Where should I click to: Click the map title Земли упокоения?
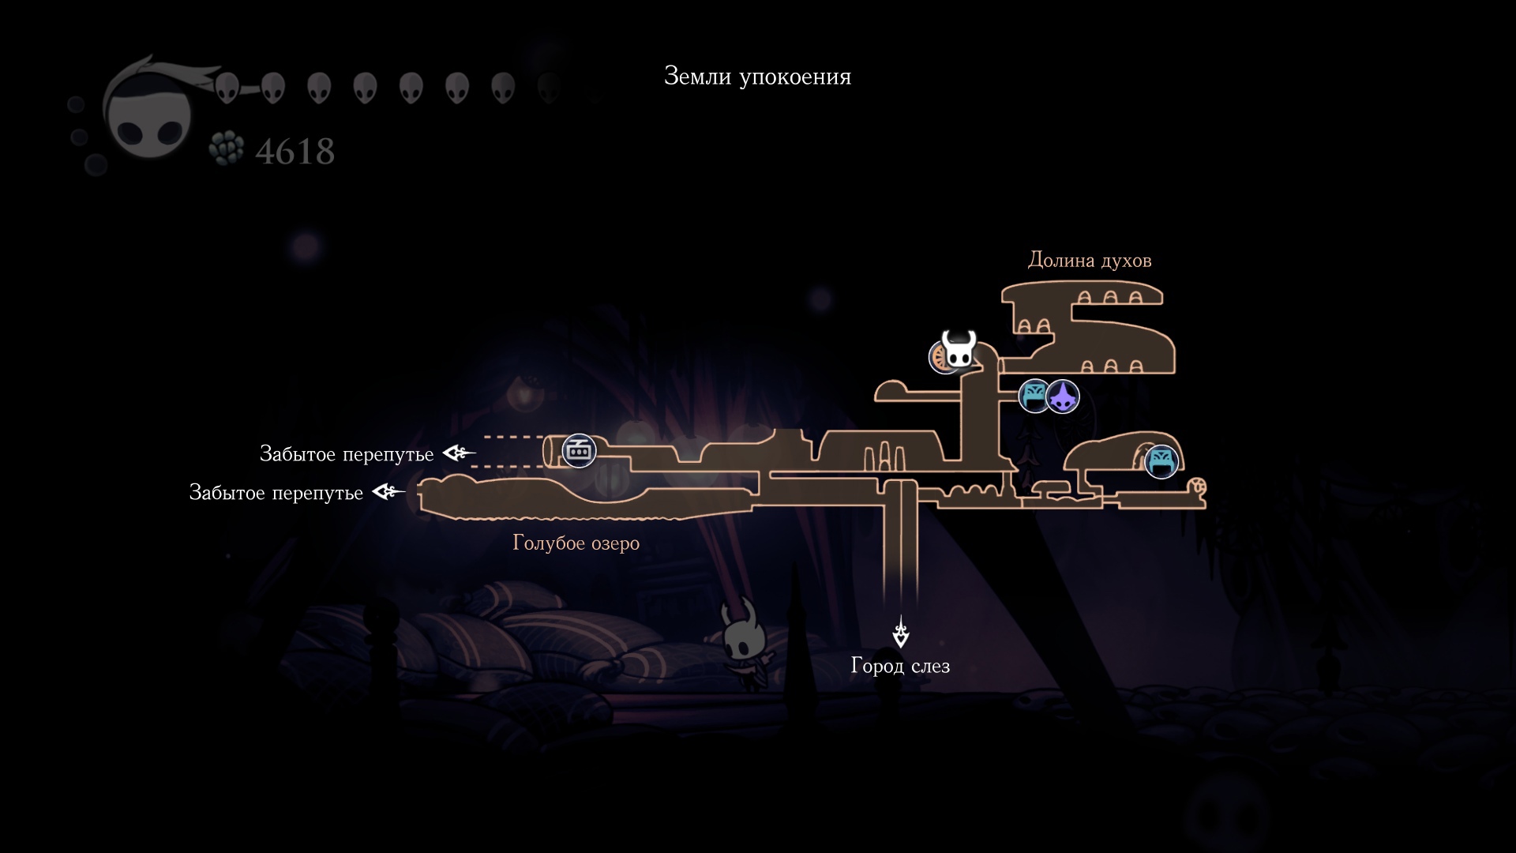[x=757, y=77]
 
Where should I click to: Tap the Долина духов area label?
[x=1089, y=260]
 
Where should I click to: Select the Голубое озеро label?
[x=576, y=543]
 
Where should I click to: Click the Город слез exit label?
[x=900, y=666]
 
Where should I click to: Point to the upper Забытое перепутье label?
[x=347, y=453]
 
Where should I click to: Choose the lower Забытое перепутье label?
[x=276, y=492]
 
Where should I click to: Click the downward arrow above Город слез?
[x=900, y=633]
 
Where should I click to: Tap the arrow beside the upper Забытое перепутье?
[x=459, y=453]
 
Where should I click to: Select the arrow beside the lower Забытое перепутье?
[x=388, y=492]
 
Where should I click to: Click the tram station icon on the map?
[x=579, y=451]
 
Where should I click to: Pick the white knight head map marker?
[x=959, y=350]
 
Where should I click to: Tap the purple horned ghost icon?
[x=1064, y=396]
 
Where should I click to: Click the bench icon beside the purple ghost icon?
[x=1034, y=396]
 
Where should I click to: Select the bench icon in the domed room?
[x=1161, y=461]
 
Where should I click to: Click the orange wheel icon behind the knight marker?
[x=940, y=358]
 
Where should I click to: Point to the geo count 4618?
[x=295, y=151]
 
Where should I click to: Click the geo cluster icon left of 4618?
[x=227, y=148]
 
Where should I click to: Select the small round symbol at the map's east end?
[x=1199, y=486]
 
